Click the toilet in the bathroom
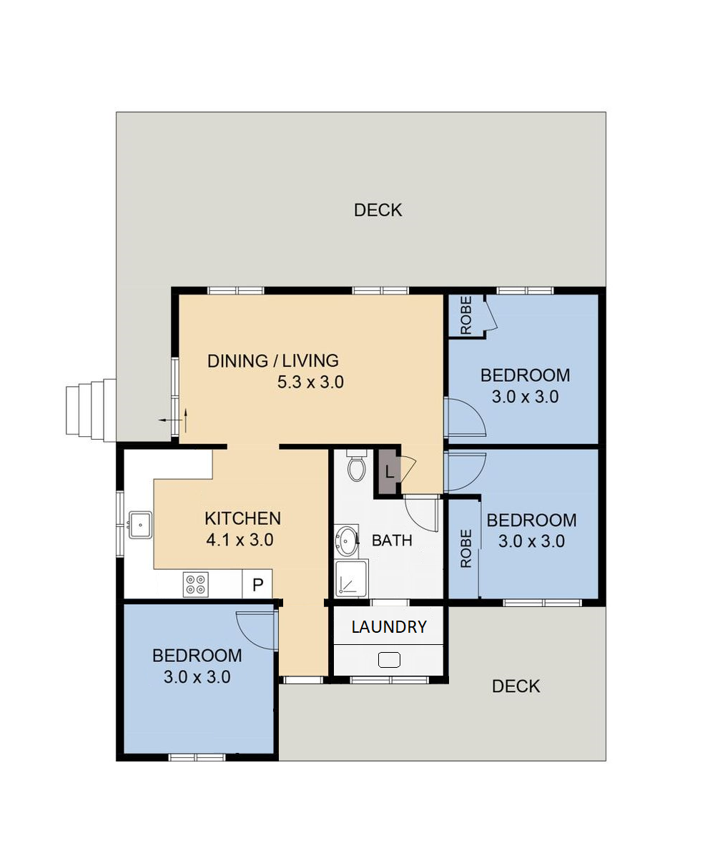[357, 465]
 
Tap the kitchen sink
[140, 525]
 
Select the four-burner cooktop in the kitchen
[196, 585]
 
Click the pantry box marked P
[257, 584]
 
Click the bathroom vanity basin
[347, 541]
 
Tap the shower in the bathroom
[351, 578]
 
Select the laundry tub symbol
[389, 660]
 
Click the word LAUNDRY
[389, 627]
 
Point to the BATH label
[392, 541]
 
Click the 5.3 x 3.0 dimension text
[310, 383]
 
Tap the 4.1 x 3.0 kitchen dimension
[240, 540]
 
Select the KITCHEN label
[242, 518]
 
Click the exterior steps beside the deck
[91, 410]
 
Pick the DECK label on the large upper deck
[378, 210]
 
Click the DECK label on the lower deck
[516, 686]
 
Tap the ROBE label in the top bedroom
[466, 315]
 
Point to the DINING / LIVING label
[273, 361]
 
